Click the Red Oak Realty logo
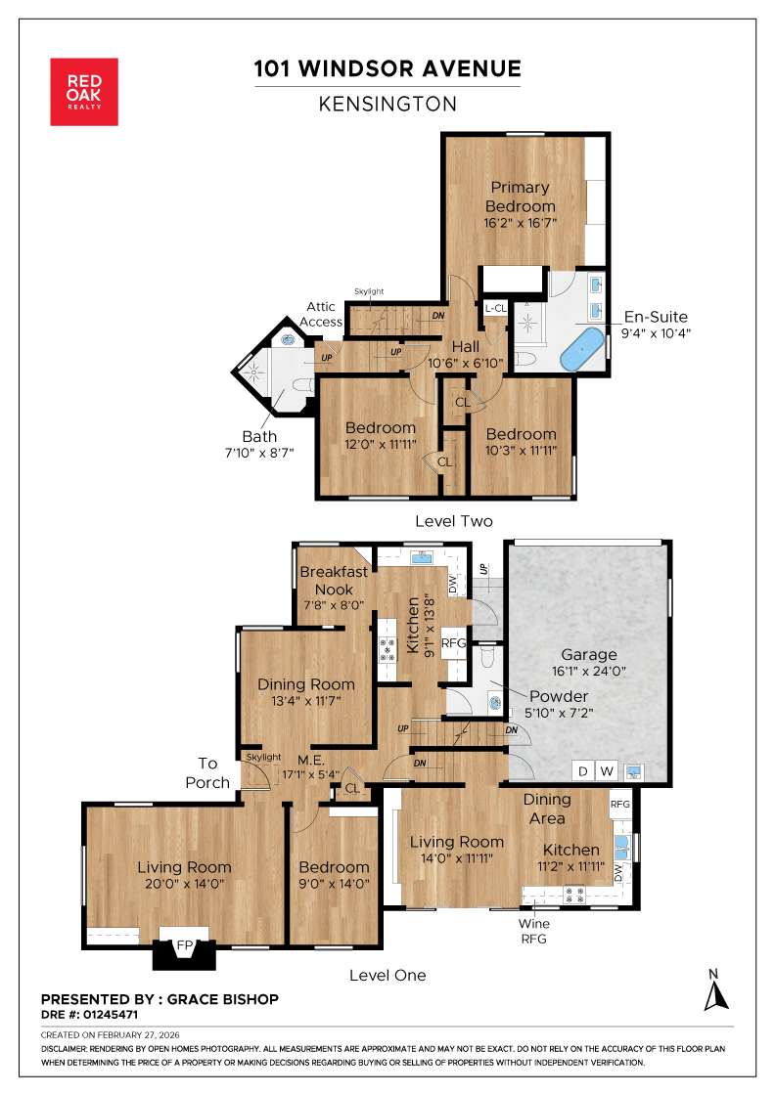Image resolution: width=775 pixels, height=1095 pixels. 84,91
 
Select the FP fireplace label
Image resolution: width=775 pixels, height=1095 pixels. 183,946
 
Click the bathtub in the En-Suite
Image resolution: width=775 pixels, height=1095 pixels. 580,349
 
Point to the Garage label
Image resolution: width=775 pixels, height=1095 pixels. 588,655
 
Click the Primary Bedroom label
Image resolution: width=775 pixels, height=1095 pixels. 520,197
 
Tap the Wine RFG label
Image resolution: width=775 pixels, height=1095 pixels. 534,931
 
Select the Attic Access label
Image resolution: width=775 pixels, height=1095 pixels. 320,314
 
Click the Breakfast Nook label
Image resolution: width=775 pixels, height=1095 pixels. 333,580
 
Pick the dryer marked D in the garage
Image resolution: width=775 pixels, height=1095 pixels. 583,771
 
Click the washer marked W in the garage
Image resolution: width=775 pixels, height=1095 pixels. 607,771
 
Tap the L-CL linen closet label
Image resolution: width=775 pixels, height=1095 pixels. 495,308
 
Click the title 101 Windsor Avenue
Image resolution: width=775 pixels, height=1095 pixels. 387,68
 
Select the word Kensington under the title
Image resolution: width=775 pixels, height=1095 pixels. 387,104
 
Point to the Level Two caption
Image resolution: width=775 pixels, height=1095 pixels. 453,521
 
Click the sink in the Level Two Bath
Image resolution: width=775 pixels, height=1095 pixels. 288,341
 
